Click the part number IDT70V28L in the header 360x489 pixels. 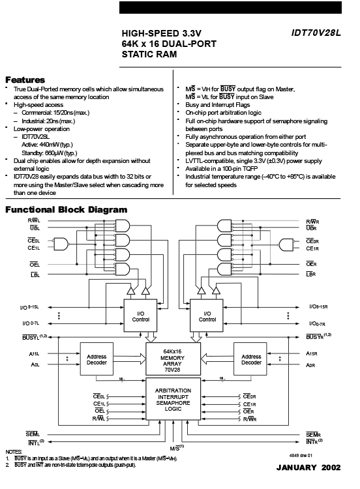316,33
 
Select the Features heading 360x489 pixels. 25,80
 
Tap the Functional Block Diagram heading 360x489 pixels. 66,209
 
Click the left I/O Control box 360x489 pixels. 140,316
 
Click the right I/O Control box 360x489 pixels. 207,316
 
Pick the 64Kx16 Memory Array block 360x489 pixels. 173,359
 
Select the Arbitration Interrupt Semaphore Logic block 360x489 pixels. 173,399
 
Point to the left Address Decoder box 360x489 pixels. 97,359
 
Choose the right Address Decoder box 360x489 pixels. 250,359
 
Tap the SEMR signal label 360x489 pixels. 313,435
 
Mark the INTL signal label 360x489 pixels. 36,443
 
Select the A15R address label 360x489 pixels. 311,353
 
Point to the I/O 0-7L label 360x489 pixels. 31,323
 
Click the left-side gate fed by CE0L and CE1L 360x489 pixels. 61,244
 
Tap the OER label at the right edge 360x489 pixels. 311,264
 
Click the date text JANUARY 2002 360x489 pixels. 308,467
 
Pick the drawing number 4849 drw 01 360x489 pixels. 301,455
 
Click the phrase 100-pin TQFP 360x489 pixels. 240,169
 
